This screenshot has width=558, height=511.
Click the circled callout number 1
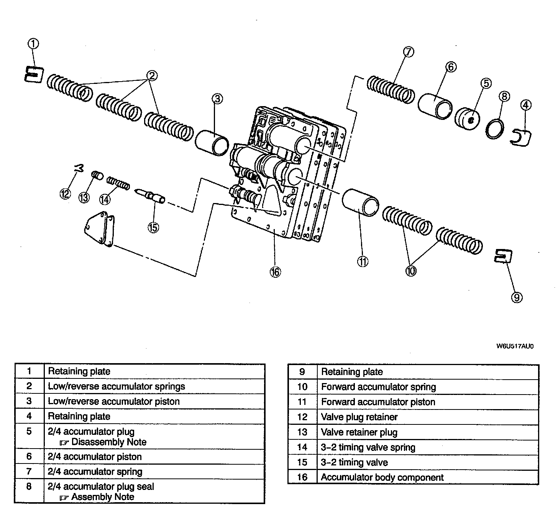tap(33, 44)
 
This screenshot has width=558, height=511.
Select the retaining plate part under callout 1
tap(34, 74)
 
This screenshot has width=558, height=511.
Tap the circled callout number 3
tap(217, 99)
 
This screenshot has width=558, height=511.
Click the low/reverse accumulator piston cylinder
tap(212, 143)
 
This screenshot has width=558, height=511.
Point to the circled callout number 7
tap(409, 52)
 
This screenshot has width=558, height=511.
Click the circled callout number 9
tap(517, 298)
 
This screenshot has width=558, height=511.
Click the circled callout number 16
tap(275, 272)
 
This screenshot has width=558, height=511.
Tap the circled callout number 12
tap(65, 194)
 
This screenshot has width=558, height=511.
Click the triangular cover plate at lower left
tap(99, 229)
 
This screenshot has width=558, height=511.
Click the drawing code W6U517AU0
tap(515, 346)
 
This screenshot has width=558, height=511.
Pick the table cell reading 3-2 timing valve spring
tap(368, 447)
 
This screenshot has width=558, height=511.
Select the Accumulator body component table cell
tap(382, 478)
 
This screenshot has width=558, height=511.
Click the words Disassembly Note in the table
tap(109, 442)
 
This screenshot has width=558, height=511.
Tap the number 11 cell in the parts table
tap(302, 402)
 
